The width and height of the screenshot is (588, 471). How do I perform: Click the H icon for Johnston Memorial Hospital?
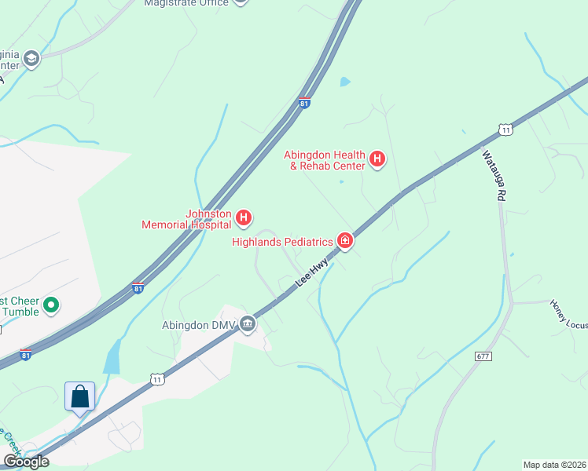[244, 217]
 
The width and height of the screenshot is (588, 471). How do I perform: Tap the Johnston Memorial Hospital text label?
[186, 219]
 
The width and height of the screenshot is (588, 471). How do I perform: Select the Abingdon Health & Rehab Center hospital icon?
[377, 160]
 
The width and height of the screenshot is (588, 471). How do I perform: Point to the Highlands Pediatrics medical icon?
[344, 240]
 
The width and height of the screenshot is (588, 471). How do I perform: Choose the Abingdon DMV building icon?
[248, 323]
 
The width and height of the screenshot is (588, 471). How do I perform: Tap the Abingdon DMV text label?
[198, 325]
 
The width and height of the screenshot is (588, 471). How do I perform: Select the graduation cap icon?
[31, 59]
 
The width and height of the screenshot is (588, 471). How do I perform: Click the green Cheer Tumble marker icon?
[52, 304]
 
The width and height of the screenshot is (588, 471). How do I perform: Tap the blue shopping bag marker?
[79, 396]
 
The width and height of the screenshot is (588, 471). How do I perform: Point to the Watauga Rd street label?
[492, 176]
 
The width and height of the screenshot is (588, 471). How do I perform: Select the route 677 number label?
[483, 356]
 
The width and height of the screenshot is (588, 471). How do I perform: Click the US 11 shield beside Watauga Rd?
[506, 130]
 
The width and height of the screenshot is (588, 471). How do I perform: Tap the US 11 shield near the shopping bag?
[157, 379]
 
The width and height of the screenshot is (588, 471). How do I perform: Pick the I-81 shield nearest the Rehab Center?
[305, 103]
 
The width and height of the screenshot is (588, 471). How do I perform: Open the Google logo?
[26, 462]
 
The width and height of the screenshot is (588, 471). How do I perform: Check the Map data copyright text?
[554, 464]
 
